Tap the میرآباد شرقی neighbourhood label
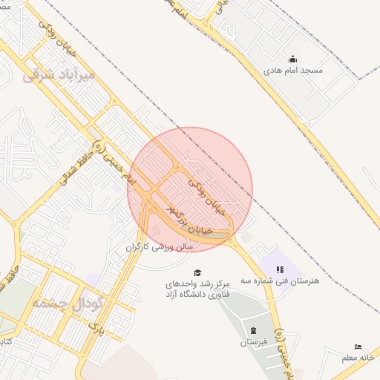[x=59, y=76]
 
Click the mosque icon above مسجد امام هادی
[x=292, y=59]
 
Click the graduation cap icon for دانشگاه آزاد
[x=197, y=272]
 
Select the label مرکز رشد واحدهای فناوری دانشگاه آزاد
[x=197, y=289]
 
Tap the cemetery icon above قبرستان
[x=254, y=330]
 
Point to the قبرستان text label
[x=254, y=342]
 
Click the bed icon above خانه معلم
[x=358, y=347]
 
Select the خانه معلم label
[x=361, y=358]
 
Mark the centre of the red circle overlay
[x=190, y=190]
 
